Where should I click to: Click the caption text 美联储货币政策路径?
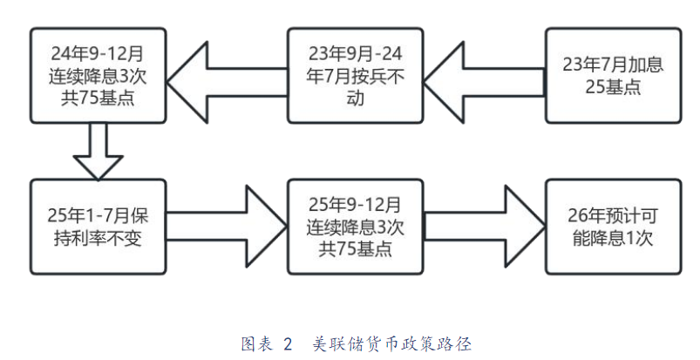[392, 343]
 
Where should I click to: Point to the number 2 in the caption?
[289, 343]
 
